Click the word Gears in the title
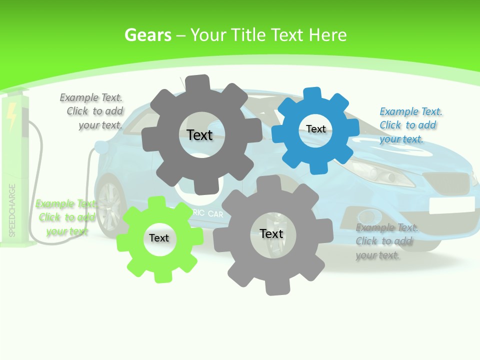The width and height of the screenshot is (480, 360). [148, 35]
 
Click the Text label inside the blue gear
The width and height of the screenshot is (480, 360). [316, 129]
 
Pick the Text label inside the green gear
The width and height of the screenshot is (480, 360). [159, 238]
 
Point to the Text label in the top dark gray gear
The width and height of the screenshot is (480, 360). [199, 135]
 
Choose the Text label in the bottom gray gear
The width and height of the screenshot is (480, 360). [271, 233]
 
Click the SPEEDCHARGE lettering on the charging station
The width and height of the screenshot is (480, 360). [12, 210]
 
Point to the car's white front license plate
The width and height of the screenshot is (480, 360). [451, 204]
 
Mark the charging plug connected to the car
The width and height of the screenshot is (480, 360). [100, 147]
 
